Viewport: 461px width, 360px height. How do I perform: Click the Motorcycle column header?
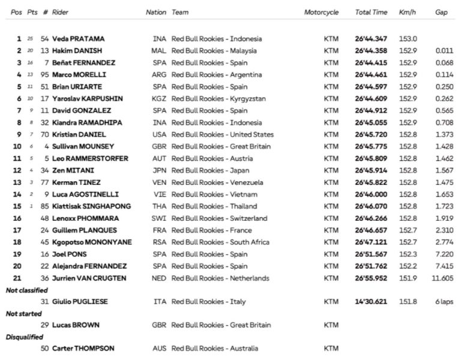pyautogui.click(x=321, y=12)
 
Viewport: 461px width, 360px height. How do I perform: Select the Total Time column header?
pyautogui.click(x=370, y=12)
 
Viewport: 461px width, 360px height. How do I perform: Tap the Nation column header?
pyautogui.click(x=156, y=12)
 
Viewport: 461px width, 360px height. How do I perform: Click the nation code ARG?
pyautogui.click(x=159, y=75)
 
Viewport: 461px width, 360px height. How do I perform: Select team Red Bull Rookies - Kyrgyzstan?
pyautogui.click(x=218, y=99)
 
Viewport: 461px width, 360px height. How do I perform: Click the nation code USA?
pyautogui.click(x=159, y=135)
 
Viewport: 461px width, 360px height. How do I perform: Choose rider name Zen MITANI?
pyautogui.click(x=68, y=170)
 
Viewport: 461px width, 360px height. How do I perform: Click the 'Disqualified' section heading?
pyautogui.click(x=23, y=337)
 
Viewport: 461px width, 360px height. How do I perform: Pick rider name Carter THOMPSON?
pyautogui.click(x=83, y=349)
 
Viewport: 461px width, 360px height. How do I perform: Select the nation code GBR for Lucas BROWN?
pyautogui.click(x=159, y=325)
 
